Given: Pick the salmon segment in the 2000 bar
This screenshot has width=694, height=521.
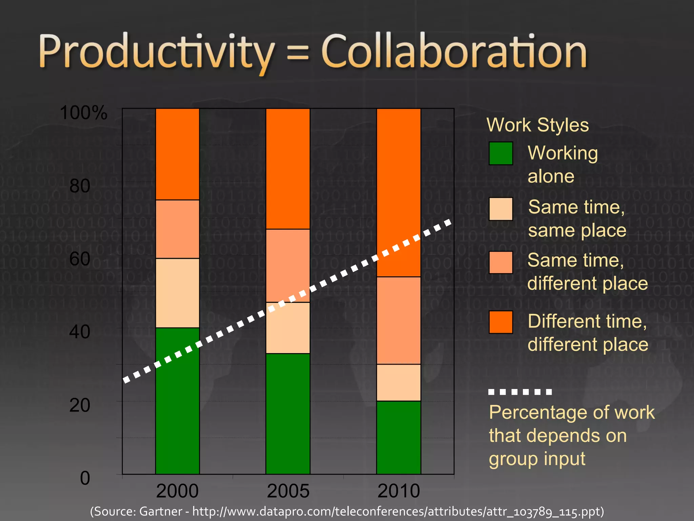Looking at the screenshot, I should [x=177, y=229].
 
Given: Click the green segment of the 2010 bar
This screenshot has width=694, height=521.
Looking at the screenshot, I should [x=399, y=437].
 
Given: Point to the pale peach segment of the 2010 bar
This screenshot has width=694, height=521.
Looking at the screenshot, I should [x=399, y=383].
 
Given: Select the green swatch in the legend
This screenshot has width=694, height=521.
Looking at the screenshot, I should [x=501, y=153].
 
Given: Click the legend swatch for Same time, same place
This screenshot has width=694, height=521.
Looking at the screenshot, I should [x=501, y=209].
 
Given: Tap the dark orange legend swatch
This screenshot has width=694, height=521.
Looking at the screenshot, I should [x=501, y=322].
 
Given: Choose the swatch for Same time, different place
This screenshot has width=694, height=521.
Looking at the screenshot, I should [x=501, y=262].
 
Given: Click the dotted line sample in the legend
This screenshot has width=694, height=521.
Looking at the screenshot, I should [x=520, y=392].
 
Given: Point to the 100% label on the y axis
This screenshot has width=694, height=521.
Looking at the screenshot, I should [x=83, y=113].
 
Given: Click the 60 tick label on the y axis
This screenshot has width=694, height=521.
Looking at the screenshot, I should [x=80, y=259].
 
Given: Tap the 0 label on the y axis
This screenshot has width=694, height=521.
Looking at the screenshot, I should [x=85, y=478].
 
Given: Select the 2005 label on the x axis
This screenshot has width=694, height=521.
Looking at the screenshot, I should [x=288, y=491].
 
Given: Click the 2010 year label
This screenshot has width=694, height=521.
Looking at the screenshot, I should [x=399, y=491].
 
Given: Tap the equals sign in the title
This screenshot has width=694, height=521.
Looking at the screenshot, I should [x=298, y=54].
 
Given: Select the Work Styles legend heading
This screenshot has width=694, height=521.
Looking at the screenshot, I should [x=538, y=125].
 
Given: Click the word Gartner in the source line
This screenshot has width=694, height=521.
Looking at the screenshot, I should [x=161, y=511].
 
